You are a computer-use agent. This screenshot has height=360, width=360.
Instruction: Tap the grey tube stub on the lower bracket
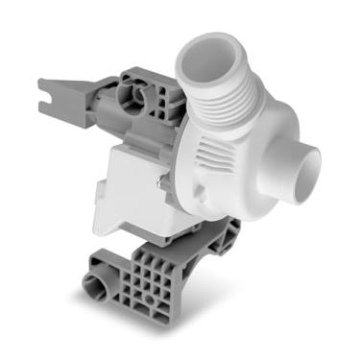click(x=99, y=284)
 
